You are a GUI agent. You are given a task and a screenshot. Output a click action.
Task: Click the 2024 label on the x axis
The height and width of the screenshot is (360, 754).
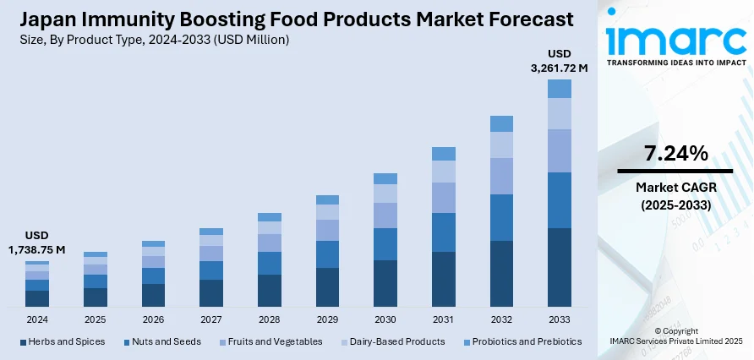click(x=37, y=319)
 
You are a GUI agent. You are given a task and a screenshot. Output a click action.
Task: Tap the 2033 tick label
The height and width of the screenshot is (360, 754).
click(x=560, y=319)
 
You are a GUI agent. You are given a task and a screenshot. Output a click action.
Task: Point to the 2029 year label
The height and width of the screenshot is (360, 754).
click(x=327, y=319)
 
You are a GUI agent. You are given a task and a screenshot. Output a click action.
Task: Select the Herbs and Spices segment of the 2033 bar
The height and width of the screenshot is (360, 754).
click(x=560, y=267)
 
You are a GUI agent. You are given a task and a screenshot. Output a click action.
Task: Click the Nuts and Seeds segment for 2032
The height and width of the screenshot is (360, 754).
click(x=501, y=217)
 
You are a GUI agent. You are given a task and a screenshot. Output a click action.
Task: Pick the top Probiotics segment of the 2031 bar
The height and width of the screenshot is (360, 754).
click(x=444, y=154)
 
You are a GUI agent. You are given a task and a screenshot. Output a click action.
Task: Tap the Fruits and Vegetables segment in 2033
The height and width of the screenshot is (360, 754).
click(x=560, y=150)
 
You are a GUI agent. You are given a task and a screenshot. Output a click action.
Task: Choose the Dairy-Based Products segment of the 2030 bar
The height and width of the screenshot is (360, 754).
click(x=385, y=194)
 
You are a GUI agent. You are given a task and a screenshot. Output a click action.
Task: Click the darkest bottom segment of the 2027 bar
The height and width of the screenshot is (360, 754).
click(x=211, y=292)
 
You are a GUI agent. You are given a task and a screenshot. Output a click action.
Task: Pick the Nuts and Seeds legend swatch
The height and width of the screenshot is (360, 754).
click(x=127, y=342)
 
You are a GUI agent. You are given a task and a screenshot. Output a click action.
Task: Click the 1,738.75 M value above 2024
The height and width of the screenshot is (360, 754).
click(x=37, y=250)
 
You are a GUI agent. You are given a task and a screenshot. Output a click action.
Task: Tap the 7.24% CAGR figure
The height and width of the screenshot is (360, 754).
click(x=675, y=154)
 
